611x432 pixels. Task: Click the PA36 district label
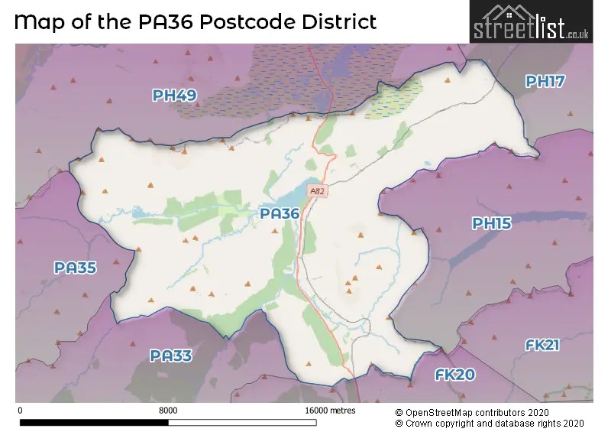coord(280,214)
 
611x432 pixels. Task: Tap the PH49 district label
coord(174,96)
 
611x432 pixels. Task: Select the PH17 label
coord(545,82)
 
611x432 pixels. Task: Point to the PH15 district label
coord(491,223)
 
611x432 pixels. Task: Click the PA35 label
coord(75,268)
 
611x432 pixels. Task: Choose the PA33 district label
coord(171,356)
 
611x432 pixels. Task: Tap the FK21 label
coord(542,346)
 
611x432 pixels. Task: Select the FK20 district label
coord(455,375)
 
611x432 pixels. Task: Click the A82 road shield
coord(318,190)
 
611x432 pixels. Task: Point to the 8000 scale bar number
coord(168,411)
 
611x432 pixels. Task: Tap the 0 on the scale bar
coord(19,411)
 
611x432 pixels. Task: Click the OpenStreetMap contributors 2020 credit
coord(490,411)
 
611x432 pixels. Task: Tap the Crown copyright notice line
coord(490,423)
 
